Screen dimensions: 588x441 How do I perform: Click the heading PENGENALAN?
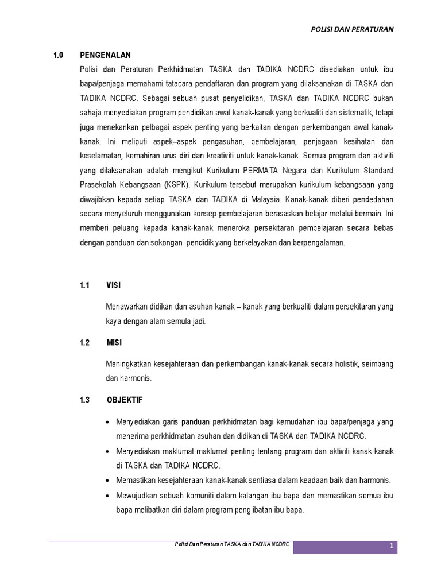(106, 55)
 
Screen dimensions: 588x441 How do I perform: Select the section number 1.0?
(57, 55)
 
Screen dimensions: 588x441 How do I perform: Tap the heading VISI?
(114, 285)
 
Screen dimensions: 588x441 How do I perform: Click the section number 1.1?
(85, 285)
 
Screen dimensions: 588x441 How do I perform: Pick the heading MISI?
(114, 343)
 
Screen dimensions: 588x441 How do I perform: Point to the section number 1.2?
(85, 343)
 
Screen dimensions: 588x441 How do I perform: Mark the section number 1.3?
(85, 400)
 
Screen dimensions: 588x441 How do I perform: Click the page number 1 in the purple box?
(391, 547)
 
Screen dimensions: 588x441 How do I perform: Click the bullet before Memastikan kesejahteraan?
(109, 480)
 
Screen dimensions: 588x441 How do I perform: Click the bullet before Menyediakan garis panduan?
(109, 422)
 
